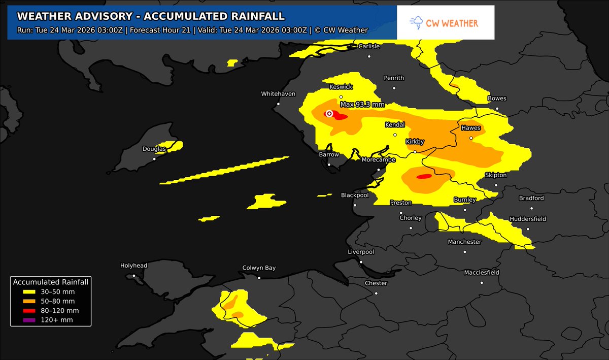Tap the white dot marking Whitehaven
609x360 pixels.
pos(278,104)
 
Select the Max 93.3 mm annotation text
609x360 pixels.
pos(362,105)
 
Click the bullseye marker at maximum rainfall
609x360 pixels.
pos(329,114)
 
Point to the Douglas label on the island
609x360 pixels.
pos(154,149)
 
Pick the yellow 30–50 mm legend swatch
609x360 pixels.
pos(29,291)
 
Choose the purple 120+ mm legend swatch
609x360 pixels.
pos(29,320)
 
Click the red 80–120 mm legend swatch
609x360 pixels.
pos(29,310)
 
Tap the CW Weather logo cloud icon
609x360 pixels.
pos(417,23)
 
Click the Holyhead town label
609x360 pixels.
pos(133,266)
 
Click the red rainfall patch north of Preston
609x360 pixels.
pos(423,177)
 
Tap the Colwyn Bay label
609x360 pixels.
pos(259,268)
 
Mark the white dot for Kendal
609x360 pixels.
pos(395,135)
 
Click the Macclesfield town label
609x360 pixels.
pos(482,273)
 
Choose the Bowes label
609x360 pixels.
pos(497,99)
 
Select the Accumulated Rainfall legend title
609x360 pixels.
pos(51,282)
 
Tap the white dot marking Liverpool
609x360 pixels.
pos(361,262)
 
